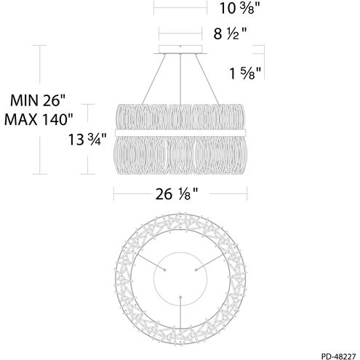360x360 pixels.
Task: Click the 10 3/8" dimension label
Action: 237,9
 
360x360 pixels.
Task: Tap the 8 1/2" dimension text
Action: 230,33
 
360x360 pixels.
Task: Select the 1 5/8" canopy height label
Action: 245,73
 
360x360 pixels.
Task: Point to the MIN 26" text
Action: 38,100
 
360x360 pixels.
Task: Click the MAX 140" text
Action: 39,119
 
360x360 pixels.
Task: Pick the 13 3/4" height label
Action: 87,140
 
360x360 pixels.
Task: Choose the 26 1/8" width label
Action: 177,194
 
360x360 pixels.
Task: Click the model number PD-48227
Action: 338,356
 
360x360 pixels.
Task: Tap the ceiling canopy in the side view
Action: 180,49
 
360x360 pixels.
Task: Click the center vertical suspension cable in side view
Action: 180,79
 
